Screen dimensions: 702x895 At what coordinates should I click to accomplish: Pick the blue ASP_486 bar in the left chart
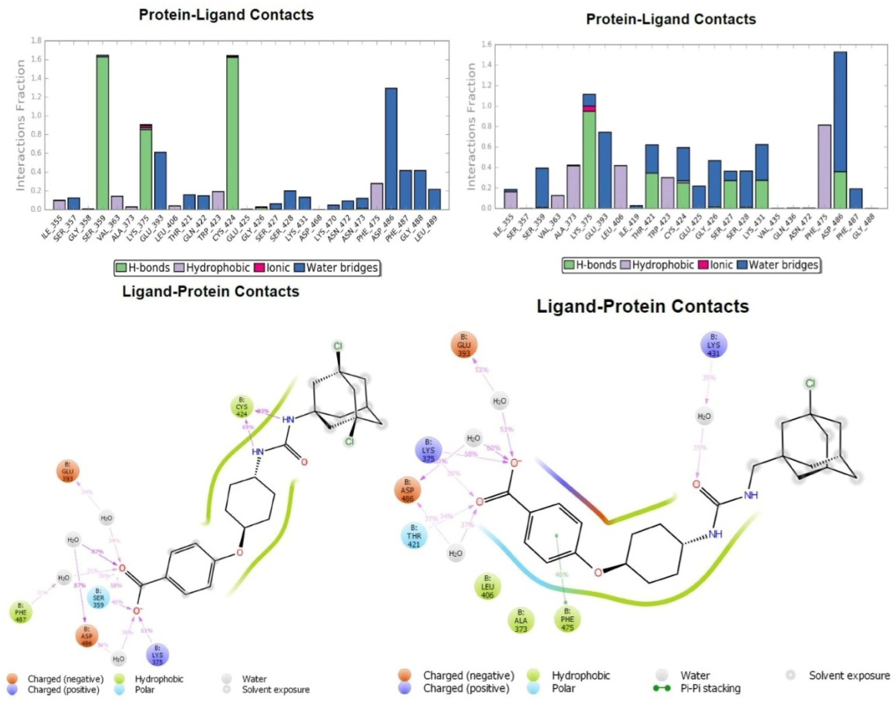[x=391, y=148]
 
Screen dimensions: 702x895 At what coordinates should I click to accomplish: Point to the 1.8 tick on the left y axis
[x=37, y=41]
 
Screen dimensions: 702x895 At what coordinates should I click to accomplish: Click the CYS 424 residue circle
[x=242, y=407]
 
